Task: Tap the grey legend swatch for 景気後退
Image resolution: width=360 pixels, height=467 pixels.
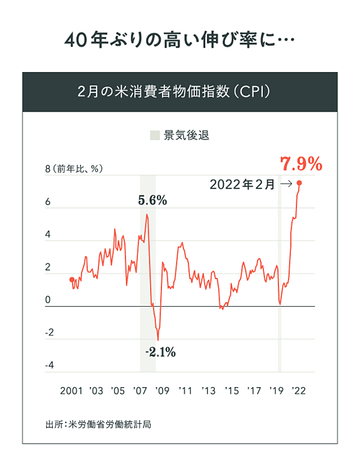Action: pyautogui.click(x=155, y=135)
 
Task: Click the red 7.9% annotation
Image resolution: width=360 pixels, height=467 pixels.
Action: pyautogui.click(x=301, y=163)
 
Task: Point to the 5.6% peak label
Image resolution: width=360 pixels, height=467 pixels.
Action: pyautogui.click(x=152, y=201)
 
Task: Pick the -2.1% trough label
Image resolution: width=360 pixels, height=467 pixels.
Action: pyautogui.click(x=160, y=352)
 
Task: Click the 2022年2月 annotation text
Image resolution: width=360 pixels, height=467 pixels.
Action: pyautogui.click(x=242, y=185)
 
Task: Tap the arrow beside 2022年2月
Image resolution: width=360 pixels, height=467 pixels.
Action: pyautogui.click(x=286, y=185)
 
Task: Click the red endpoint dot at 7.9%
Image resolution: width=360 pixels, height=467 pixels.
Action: pyautogui.click(x=299, y=183)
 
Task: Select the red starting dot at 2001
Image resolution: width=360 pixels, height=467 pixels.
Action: pyautogui.click(x=72, y=280)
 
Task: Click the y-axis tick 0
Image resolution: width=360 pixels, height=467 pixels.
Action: pyautogui.click(x=48, y=300)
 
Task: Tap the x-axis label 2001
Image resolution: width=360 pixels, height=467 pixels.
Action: pyautogui.click(x=71, y=391)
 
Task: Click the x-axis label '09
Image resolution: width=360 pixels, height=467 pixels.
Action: pyautogui.click(x=161, y=391)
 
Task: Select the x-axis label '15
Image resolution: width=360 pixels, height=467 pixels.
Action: pyautogui.click(x=231, y=391)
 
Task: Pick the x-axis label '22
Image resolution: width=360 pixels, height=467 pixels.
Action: pyautogui.click(x=298, y=391)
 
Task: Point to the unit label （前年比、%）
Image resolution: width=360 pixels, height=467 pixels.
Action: pyautogui.click(x=79, y=169)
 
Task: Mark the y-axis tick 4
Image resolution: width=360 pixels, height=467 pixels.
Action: pyautogui.click(x=48, y=235)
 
